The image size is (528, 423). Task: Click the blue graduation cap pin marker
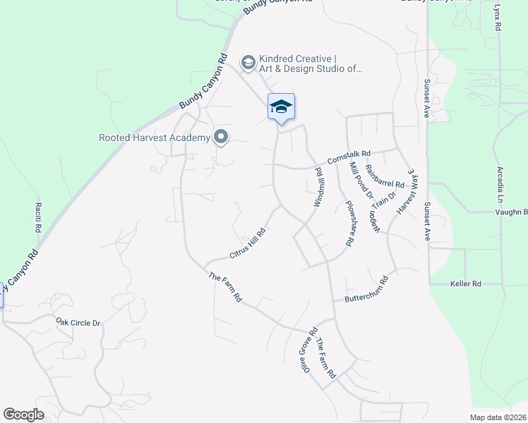(x=281, y=107)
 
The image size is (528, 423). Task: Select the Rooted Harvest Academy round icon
(x=221, y=137)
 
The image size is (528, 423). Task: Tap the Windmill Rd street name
(x=319, y=188)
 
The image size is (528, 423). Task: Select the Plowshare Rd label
(x=348, y=223)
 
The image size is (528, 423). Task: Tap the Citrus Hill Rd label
(x=247, y=243)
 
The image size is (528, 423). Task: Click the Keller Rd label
(x=465, y=283)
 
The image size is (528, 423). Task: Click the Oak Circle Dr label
(x=78, y=322)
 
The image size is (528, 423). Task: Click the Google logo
(x=24, y=415)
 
